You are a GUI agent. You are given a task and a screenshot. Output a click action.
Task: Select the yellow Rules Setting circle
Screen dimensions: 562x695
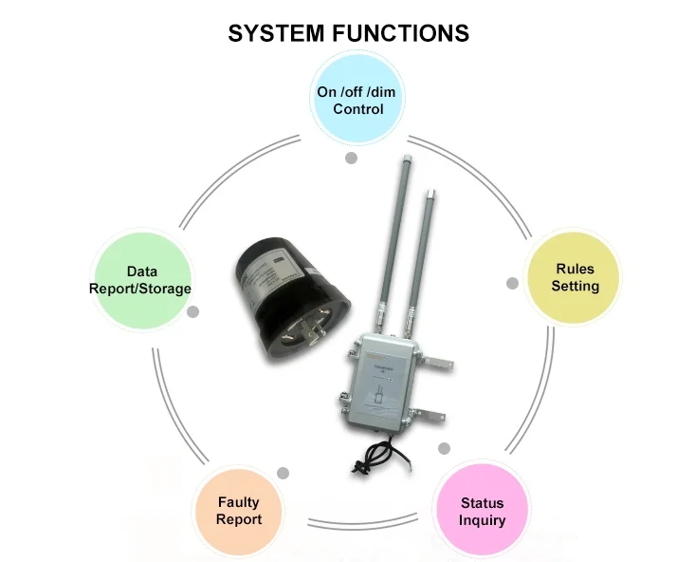pyautogui.click(x=576, y=277)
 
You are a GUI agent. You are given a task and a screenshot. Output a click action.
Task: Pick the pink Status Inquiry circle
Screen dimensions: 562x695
pyautogui.click(x=482, y=511)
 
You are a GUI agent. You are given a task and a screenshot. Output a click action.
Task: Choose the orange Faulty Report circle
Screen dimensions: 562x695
pyautogui.click(x=238, y=510)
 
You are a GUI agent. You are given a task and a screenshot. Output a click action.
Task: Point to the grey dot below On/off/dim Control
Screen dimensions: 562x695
pyautogui.click(x=351, y=158)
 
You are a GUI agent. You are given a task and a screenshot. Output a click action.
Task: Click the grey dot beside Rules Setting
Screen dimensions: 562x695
pyautogui.click(x=512, y=283)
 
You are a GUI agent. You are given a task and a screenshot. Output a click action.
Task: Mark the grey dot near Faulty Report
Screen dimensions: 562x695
pyautogui.click(x=282, y=473)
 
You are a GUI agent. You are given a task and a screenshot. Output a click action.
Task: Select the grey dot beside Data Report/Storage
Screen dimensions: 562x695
pyautogui.click(x=193, y=311)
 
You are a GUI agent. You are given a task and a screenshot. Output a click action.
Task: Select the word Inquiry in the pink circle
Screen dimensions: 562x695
pyautogui.click(x=482, y=520)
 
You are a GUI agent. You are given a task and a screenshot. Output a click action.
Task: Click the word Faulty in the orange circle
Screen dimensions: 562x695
pyautogui.click(x=238, y=501)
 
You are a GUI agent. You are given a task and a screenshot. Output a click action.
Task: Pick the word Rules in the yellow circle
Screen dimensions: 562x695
pyautogui.click(x=576, y=269)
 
